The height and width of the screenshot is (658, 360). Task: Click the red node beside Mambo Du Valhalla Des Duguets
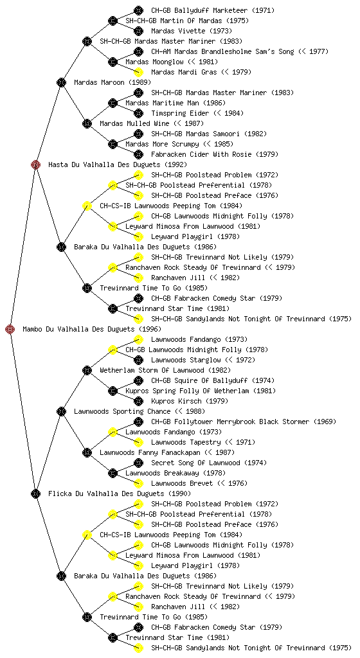point(10,329)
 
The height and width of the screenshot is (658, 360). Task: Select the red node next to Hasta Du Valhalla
point(35,164)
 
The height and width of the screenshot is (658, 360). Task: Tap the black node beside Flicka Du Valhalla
point(35,493)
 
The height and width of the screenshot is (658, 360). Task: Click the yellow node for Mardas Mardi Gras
point(138,72)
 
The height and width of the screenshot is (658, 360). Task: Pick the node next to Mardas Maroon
point(61,82)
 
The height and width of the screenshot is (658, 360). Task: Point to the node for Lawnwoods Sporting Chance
point(61,411)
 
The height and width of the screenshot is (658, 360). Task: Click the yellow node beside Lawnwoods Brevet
point(138,483)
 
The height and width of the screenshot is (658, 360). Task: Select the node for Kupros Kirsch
point(138,401)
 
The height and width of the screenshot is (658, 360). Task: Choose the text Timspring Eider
point(180,113)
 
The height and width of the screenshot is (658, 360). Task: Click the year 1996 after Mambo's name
point(150,330)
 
